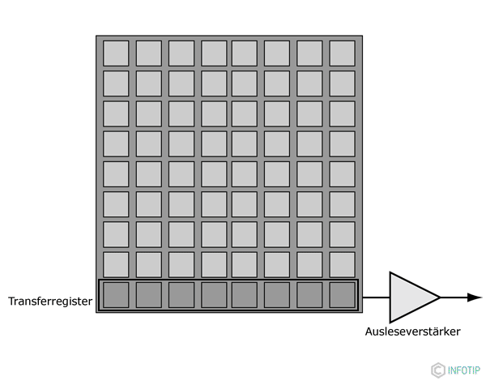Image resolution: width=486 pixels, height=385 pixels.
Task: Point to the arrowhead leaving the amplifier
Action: (x=475, y=297)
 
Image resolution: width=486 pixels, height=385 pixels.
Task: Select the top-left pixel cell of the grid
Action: (x=116, y=53)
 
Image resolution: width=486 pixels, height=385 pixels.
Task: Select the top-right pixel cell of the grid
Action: (x=342, y=53)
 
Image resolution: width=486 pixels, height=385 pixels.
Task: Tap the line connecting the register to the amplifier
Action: (x=374, y=297)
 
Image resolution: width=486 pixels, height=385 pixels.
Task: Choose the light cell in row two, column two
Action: (x=148, y=83)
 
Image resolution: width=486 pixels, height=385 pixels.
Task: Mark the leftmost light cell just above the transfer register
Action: (x=116, y=264)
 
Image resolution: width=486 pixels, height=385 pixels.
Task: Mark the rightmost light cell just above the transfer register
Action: (x=342, y=264)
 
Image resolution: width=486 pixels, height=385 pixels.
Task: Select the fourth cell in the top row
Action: (x=214, y=53)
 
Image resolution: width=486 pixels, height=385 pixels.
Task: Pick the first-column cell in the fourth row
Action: (x=116, y=143)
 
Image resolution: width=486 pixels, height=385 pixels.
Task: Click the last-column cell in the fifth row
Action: (x=342, y=173)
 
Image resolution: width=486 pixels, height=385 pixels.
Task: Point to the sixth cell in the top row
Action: (x=277, y=53)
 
